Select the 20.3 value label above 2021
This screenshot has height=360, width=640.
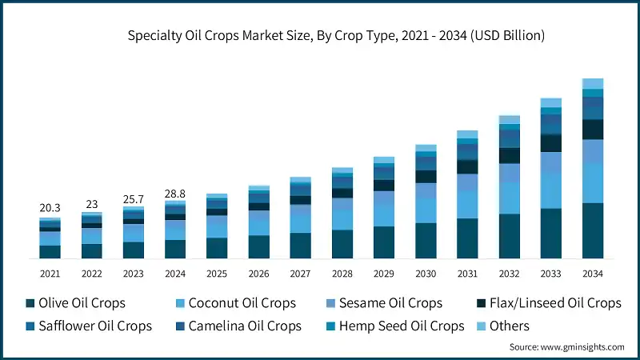point(50,207)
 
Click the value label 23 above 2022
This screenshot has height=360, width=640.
point(91,203)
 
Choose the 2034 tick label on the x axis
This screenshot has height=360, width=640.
point(592,274)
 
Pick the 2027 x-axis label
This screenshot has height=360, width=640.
point(300,274)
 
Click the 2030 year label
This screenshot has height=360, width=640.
point(426,274)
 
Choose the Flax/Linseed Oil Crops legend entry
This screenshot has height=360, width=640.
point(548,303)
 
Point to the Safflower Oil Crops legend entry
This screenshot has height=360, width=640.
point(87,326)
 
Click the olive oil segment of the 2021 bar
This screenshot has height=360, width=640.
point(50,251)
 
